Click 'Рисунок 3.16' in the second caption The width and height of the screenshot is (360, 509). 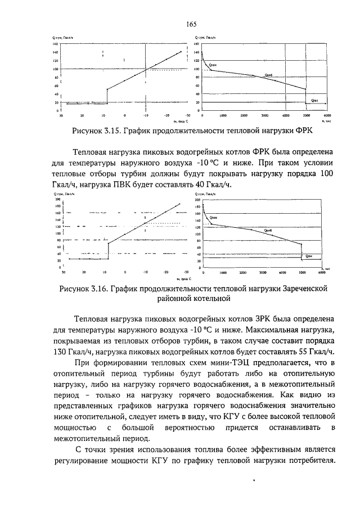click(x=83, y=289)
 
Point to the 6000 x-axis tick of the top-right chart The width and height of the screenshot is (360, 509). click(x=327, y=115)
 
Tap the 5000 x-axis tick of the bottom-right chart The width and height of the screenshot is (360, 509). click(x=302, y=272)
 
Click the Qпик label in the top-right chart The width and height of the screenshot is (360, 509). click(x=213, y=66)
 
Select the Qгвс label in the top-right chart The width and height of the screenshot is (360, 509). click(x=316, y=100)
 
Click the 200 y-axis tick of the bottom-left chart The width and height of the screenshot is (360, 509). click(x=57, y=200)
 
